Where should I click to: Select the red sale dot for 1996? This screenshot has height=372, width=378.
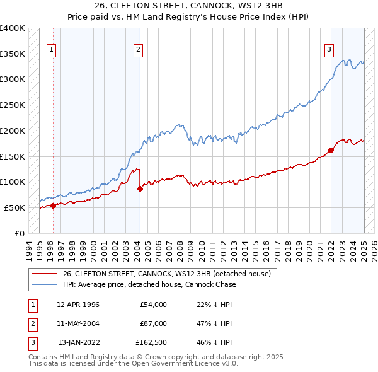pos(53,205)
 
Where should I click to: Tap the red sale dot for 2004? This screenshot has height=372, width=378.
pos(140,189)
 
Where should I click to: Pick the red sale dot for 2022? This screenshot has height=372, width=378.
pos(331,150)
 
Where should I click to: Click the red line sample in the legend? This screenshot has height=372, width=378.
pos(44,274)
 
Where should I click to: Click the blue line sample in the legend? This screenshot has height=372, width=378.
pos(44,284)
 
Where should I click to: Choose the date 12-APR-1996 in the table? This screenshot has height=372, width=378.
pos(77,305)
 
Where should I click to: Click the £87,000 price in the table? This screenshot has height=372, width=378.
pos(154,323)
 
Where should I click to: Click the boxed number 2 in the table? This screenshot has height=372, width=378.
pos(31,323)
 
